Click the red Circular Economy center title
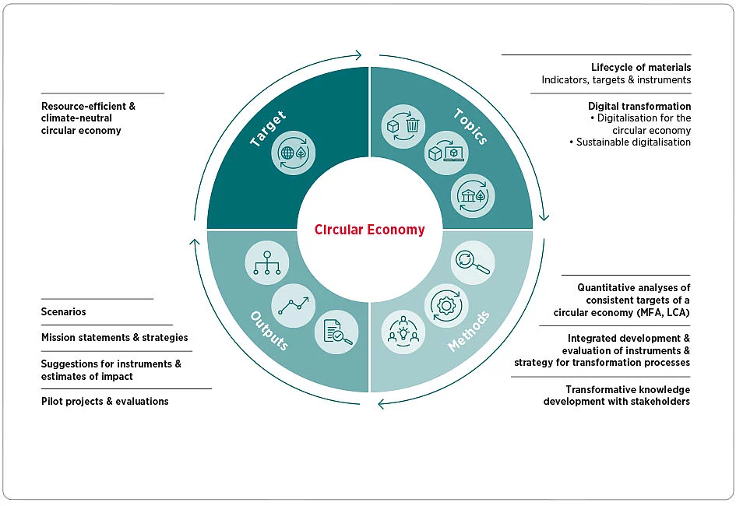pos(370,230)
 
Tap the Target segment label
pos(267,129)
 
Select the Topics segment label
pos(470,127)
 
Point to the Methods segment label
pos(469,332)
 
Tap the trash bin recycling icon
pos(403,125)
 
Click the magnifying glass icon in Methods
pos(472,262)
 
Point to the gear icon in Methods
pos(445,304)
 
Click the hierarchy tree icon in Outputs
pos(267,262)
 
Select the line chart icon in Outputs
pos(294,303)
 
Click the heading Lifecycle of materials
pos(641,68)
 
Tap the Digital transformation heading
pos(639,106)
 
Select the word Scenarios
pos(63,312)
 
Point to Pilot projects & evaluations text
pos(104,402)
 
